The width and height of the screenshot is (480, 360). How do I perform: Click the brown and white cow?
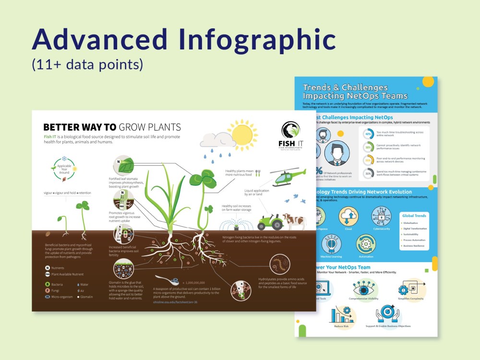coord(294,221)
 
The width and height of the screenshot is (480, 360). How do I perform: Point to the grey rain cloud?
coord(215,140)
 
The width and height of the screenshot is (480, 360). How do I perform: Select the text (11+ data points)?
coord(87,65)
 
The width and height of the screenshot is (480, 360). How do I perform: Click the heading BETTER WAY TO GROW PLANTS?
coord(112,127)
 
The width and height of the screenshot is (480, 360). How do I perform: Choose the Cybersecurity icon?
coord(382,216)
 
